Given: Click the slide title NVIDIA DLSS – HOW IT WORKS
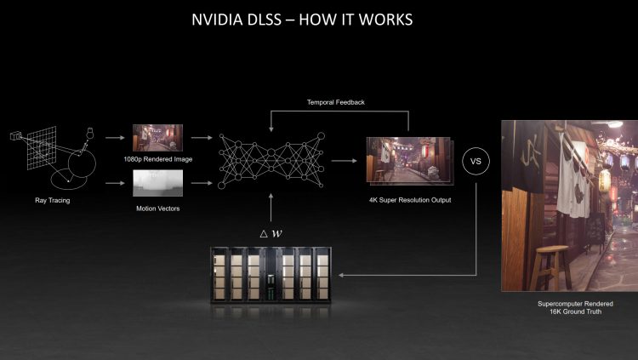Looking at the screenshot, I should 303,19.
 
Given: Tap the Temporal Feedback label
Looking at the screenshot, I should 336,102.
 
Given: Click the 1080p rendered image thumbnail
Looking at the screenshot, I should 157,137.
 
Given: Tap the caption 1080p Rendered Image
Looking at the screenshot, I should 157,158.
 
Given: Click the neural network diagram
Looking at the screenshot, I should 270,159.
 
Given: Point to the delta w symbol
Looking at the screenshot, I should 270,232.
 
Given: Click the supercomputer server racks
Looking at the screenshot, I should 271,276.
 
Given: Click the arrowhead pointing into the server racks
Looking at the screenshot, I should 342,276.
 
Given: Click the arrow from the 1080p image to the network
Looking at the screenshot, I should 201,136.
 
